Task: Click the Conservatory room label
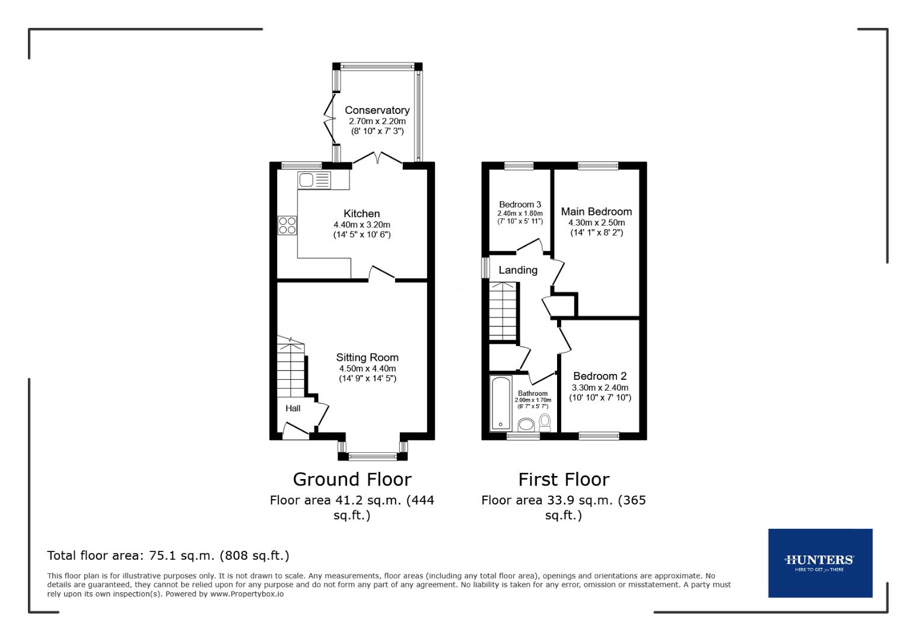pyautogui.click(x=377, y=110)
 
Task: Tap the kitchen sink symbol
pyautogui.click(x=314, y=180)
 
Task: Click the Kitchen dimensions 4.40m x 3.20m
pyautogui.click(x=361, y=225)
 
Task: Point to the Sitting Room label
pyautogui.click(x=367, y=357)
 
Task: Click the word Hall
pyautogui.click(x=293, y=408)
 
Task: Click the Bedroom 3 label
pyautogui.click(x=520, y=204)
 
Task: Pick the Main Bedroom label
pyautogui.click(x=596, y=211)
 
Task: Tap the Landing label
pyautogui.click(x=518, y=270)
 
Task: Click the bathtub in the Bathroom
pyautogui.click(x=501, y=404)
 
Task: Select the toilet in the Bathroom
pyautogui.click(x=545, y=422)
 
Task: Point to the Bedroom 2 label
pyautogui.click(x=600, y=376)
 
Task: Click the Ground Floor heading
pyautogui.click(x=352, y=479)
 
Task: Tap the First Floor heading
pyautogui.click(x=564, y=479)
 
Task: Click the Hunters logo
pyautogui.click(x=820, y=563)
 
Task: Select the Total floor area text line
pyautogui.click(x=168, y=556)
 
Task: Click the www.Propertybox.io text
pyautogui.click(x=246, y=594)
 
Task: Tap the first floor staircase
pyautogui.click(x=503, y=312)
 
